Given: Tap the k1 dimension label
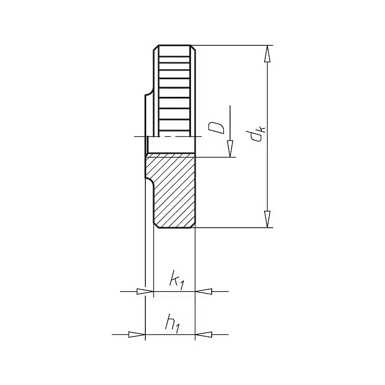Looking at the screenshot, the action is tap(177, 280).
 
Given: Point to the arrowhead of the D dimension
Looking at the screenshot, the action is tap(230, 149).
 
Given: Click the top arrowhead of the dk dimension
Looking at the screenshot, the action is tap(267, 54).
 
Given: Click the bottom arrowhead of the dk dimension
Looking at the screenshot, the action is tap(267, 219).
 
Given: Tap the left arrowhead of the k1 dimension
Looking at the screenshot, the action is tap(145, 292).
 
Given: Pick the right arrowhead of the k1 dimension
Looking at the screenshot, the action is tap(204, 292).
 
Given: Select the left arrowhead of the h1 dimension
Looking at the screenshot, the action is tap(137, 334).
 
